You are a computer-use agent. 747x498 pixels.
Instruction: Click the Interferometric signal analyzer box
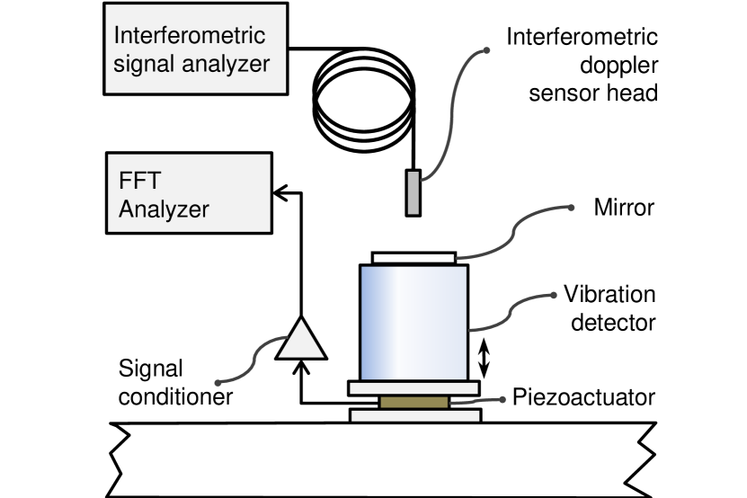click(x=196, y=49)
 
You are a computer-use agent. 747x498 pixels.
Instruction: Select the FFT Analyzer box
click(x=189, y=193)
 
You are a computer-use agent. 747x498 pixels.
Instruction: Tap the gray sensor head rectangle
click(x=413, y=193)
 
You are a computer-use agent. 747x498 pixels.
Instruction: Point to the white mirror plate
click(x=414, y=258)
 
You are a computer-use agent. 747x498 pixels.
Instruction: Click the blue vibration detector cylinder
click(x=414, y=323)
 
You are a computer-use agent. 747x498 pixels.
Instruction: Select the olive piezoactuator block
click(x=414, y=402)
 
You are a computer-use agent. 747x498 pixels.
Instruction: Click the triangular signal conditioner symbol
click(x=301, y=339)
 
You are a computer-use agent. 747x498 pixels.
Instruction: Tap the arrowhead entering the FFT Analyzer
click(x=280, y=193)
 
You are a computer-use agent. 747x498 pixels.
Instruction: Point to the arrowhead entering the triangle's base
click(x=301, y=367)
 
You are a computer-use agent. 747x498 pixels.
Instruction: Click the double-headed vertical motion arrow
click(x=484, y=358)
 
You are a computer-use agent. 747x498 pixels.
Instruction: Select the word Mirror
click(x=624, y=208)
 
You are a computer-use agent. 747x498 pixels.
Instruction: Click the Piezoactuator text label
click(x=583, y=397)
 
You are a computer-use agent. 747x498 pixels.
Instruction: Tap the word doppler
click(x=618, y=66)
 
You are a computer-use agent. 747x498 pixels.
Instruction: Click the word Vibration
click(x=609, y=294)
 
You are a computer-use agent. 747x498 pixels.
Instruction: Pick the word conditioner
click(x=175, y=396)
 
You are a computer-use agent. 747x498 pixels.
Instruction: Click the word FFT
click(x=139, y=180)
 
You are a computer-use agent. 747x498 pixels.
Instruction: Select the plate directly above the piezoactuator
click(x=414, y=388)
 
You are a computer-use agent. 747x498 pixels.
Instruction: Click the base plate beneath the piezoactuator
click(x=415, y=415)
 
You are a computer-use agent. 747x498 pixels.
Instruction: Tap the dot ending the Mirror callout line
click(x=571, y=208)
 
